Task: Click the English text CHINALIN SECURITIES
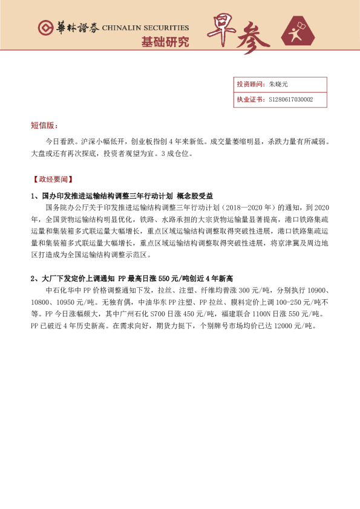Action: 145,28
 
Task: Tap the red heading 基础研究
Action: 165,42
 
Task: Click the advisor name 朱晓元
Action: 279,85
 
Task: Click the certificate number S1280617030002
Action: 290,100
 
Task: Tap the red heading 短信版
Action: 44,125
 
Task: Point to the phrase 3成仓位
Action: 176,154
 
